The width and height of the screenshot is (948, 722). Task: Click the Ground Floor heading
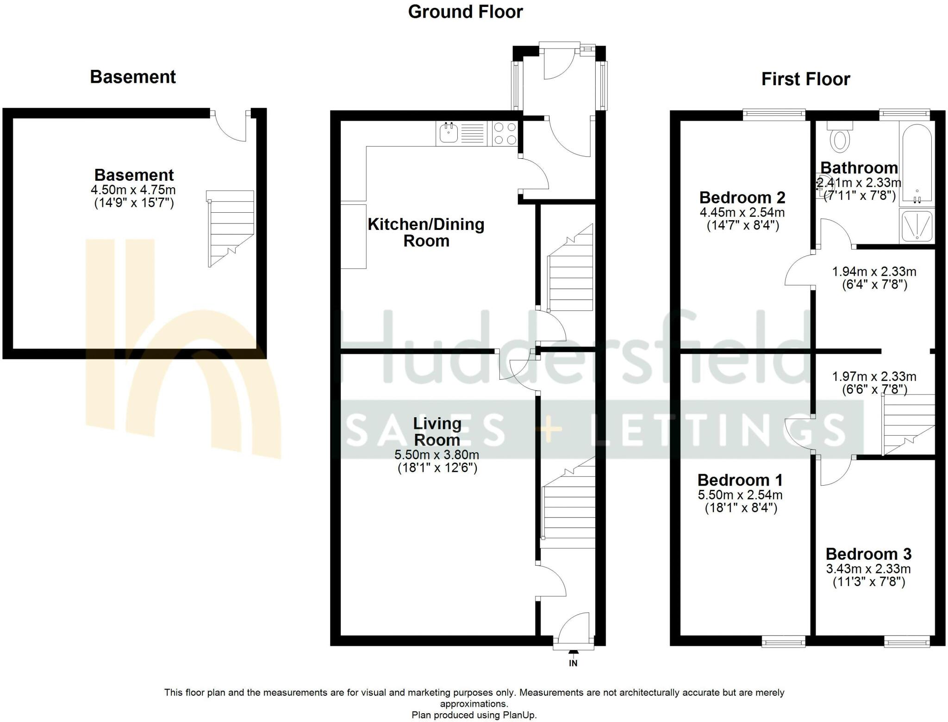pyautogui.click(x=465, y=12)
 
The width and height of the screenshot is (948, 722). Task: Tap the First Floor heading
pyautogui.click(x=805, y=79)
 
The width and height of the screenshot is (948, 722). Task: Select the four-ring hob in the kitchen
pyautogui.click(x=505, y=133)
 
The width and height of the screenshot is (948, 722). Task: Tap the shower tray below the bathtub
pyautogui.click(x=917, y=226)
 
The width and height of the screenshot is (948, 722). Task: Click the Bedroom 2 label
pyautogui.click(x=742, y=198)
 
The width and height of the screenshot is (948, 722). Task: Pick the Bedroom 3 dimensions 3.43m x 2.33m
pyautogui.click(x=868, y=569)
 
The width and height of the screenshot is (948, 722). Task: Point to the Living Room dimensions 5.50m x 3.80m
pyautogui.click(x=437, y=455)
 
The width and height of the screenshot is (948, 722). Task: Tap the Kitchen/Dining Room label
pyautogui.click(x=426, y=232)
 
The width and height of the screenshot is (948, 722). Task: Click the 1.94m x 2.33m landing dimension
pyautogui.click(x=874, y=272)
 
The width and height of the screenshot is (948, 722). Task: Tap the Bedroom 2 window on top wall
pyautogui.click(x=774, y=114)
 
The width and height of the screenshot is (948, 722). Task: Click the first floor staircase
pyautogui.click(x=909, y=424)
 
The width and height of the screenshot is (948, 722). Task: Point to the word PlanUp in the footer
pyautogui.click(x=521, y=715)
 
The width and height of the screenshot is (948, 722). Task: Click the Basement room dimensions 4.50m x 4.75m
pyautogui.click(x=133, y=190)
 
